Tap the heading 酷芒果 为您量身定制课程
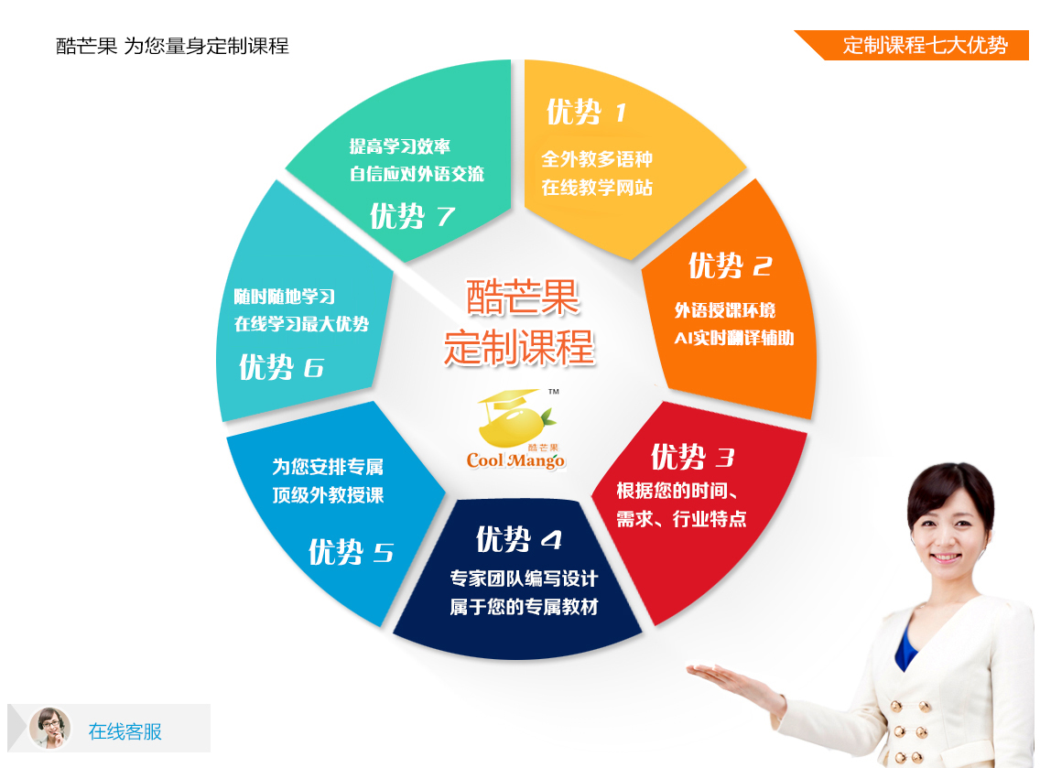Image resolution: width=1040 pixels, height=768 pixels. (x=172, y=46)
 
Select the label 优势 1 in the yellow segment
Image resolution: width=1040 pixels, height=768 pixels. (x=586, y=112)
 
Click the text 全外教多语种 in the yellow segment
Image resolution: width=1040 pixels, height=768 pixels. (x=597, y=159)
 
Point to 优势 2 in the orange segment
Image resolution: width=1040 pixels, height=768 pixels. (x=731, y=265)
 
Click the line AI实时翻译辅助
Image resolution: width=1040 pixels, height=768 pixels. (x=734, y=339)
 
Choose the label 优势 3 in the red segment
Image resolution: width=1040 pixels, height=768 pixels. (x=692, y=457)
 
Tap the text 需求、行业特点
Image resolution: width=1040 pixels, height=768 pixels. (x=681, y=519)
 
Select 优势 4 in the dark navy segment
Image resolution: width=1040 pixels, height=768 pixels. (x=519, y=539)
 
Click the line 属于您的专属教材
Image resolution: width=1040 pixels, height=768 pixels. (x=524, y=607)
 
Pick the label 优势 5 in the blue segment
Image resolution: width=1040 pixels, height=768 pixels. (x=351, y=552)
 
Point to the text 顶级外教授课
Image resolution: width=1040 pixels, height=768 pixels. (x=328, y=495)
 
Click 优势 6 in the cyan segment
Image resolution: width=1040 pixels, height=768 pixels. (x=281, y=367)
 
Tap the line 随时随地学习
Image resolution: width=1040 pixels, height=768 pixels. (x=285, y=297)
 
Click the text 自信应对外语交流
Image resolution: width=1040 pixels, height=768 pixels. (x=417, y=174)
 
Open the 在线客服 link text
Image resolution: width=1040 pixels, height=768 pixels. (x=125, y=731)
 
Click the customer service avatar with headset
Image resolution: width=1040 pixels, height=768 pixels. (x=50, y=729)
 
